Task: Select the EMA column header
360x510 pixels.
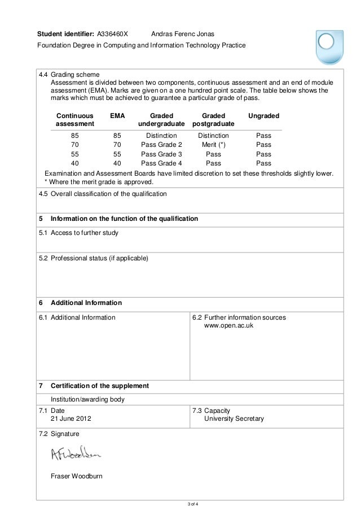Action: pyautogui.click(x=117, y=115)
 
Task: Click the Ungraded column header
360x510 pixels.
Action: pyautogui.click(x=264, y=115)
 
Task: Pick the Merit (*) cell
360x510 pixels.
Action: pyautogui.click(x=213, y=145)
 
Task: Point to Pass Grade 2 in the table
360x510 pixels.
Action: pyautogui.click(x=161, y=145)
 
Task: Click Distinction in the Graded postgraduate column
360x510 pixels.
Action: pyautogui.click(x=213, y=136)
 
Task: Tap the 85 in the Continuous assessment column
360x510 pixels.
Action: pyautogui.click(x=74, y=136)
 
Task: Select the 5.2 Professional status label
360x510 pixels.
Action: pyautogui.click(x=93, y=259)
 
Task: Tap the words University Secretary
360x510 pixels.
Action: pyautogui.click(x=234, y=419)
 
